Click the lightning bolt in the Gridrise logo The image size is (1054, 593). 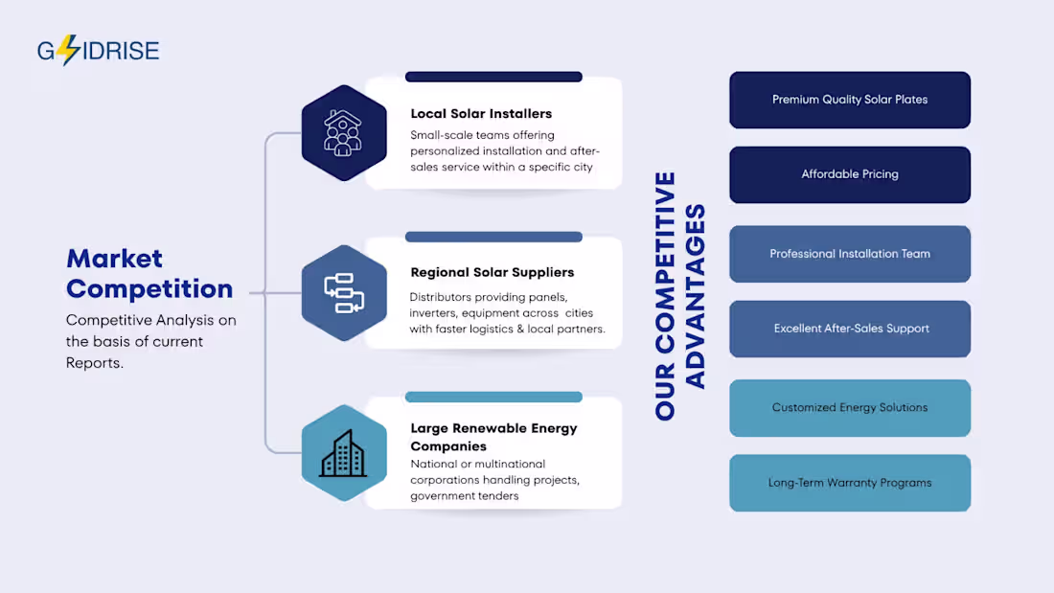coord(68,50)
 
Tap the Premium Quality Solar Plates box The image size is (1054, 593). coord(850,101)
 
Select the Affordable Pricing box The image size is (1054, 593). coord(850,174)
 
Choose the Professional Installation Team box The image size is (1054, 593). coord(850,254)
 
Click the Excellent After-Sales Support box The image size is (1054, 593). coord(850,329)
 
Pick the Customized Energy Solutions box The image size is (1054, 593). coord(850,408)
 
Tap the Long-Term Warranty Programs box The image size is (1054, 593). coord(850,483)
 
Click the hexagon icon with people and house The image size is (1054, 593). coord(344,133)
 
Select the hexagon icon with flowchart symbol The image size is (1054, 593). coord(344,293)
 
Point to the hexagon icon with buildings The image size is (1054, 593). coord(344,453)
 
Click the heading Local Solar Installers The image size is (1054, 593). coord(481,114)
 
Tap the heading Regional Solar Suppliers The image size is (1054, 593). coord(493,272)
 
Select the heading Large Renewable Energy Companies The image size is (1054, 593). coord(494,437)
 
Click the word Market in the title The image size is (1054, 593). coord(114,259)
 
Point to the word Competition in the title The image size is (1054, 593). coord(149,289)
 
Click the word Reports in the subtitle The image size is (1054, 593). coord(93,363)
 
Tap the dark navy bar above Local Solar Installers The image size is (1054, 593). coord(493,77)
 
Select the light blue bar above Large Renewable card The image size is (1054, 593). coord(493,397)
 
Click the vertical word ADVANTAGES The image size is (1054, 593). coord(695,297)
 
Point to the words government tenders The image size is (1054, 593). coord(465,496)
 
